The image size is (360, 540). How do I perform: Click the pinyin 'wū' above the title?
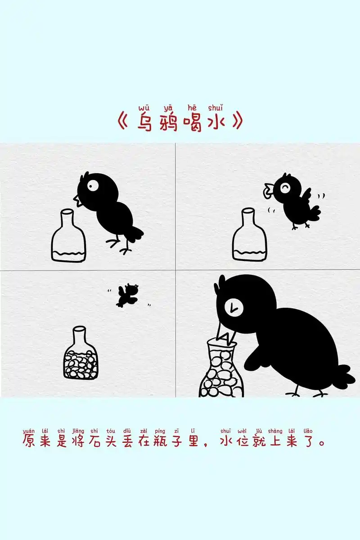coord(144,108)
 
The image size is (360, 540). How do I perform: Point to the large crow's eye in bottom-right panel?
coord(233,308)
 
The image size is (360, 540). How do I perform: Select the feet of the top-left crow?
coord(118,245)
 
